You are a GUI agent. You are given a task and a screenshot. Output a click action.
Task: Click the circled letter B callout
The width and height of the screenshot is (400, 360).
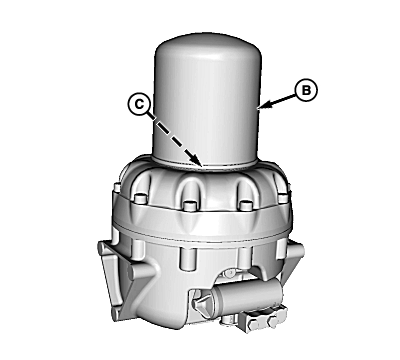(306, 90)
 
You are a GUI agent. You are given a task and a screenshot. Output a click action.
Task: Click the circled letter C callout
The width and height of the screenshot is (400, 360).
(139, 104)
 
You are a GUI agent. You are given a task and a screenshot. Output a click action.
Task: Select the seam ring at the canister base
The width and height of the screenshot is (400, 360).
(205, 163)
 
